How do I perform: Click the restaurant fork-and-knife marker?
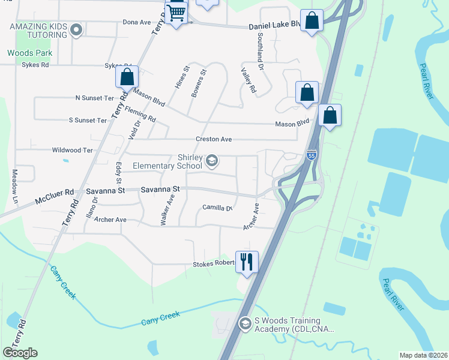247,262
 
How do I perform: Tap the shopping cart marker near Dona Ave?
176,11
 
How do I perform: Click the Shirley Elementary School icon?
211,160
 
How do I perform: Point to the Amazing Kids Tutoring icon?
76,29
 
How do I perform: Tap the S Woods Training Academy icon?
244,324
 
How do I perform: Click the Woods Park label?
29,53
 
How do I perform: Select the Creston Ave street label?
214,139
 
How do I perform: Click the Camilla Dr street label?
217,208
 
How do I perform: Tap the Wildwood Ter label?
73,151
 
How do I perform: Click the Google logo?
20,352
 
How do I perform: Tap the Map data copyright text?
424,355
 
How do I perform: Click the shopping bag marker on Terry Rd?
127,77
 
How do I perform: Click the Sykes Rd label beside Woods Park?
34,65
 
